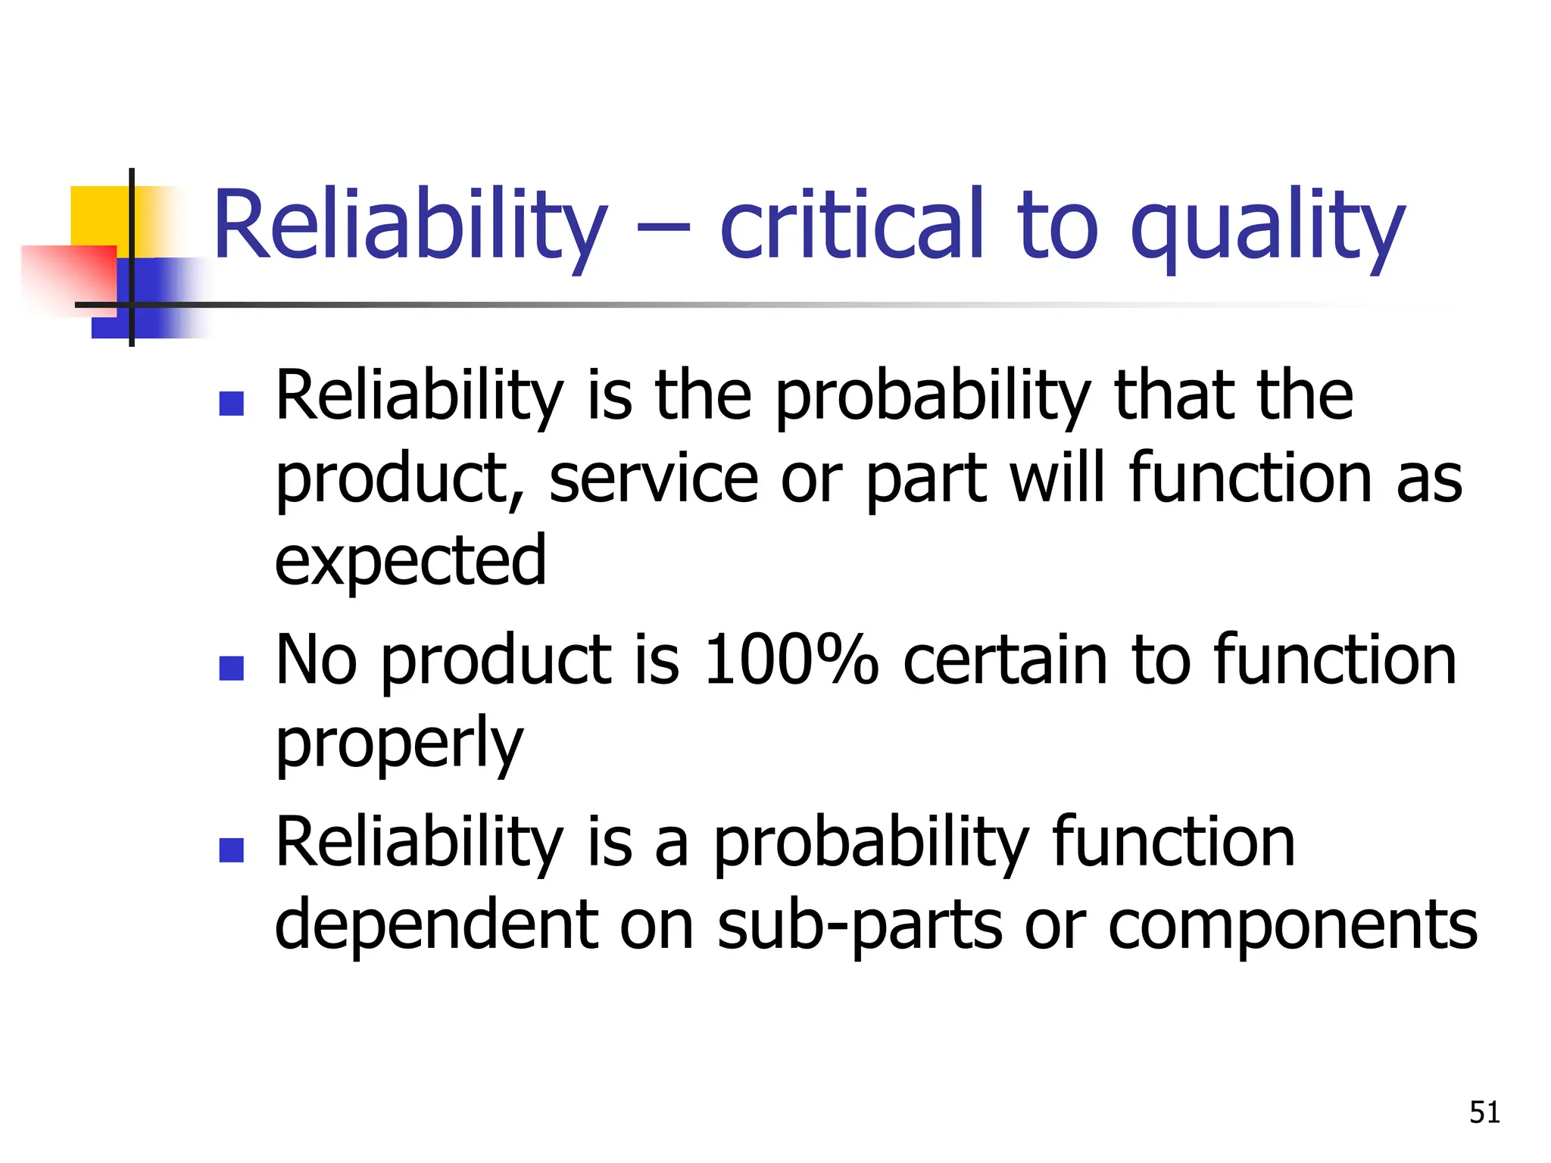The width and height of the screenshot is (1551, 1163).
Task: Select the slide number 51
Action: click(x=1484, y=1112)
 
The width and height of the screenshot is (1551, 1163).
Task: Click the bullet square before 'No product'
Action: click(x=231, y=668)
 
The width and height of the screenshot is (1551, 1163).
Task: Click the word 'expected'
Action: click(x=410, y=562)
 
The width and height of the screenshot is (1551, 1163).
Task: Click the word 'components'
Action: click(x=1292, y=925)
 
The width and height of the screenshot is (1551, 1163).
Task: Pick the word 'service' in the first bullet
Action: click(x=654, y=479)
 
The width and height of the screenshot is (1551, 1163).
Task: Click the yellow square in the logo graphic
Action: click(x=98, y=215)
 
